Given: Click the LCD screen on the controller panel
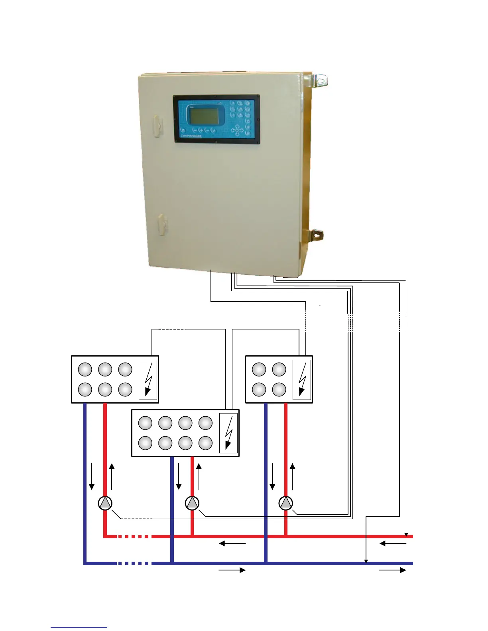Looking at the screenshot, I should pyautogui.click(x=204, y=116).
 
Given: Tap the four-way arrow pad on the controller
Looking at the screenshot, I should pyautogui.click(x=238, y=130).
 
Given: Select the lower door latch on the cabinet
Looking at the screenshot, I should pyautogui.click(x=161, y=224).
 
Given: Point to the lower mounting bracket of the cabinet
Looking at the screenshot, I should pyautogui.click(x=317, y=235).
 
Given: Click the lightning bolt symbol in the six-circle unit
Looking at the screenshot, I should pyautogui.click(x=148, y=379).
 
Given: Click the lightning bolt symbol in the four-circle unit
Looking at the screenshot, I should pyautogui.click(x=302, y=379).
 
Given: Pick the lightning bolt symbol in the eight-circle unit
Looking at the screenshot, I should pyautogui.click(x=228, y=433).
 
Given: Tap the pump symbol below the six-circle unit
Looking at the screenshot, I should pyautogui.click(x=105, y=503).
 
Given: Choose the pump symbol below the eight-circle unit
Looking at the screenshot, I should pyautogui.click(x=192, y=503).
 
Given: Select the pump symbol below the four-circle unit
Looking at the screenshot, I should pyautogui.click(x=286, y=503).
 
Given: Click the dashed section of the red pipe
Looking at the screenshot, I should pyautogui.click(x=134, y=537).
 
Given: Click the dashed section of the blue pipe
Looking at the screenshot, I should pyautogui.click(x=134, y=563).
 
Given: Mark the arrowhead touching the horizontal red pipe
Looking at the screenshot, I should pyautogui.click(x=406, y=534).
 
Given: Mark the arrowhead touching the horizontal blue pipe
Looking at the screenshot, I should pyautogui.click(x=366, y=561).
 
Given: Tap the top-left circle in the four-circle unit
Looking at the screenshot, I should pyautogui.click(x=259, y=369).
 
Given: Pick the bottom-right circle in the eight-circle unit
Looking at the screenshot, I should pyautogui.click(x=205, y=443).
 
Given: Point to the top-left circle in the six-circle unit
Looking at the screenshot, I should pyautogui.click(x=85, y=369).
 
